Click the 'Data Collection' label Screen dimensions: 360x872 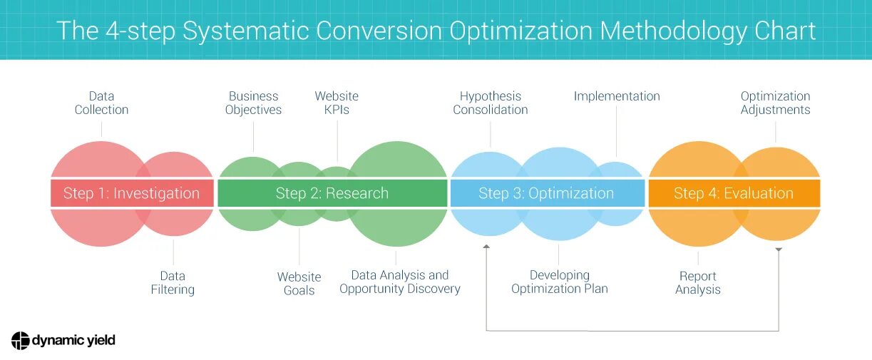[101, 103]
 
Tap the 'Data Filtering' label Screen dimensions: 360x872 [173, 282]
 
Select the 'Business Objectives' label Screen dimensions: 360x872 [253, 103]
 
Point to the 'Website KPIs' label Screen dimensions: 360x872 [337, 103]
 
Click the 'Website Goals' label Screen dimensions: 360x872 [299, 283]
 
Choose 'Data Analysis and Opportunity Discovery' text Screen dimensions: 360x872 [400, 282]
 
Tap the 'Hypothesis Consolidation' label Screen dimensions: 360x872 [491, 103]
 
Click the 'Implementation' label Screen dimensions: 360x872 [617, 96]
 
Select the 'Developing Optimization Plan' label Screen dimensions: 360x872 [560, 282]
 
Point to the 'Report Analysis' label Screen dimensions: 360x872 [698, 282]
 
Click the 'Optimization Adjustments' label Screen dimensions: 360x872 [775, 103]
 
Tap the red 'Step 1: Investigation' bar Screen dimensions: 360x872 [131, 193]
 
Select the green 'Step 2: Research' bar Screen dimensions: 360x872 [332, 193]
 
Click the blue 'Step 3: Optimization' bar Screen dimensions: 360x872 [546, 193]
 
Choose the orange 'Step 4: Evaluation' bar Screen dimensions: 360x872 [734, 193]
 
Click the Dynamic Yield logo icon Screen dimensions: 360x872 [20, 340]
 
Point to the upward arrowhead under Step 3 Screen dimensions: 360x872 [486, 247]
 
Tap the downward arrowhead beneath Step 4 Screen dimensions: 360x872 [779, 250]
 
